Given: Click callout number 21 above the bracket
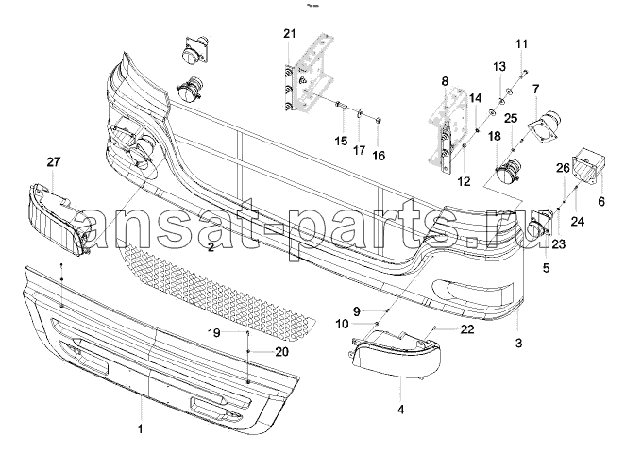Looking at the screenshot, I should (x=288, y=35).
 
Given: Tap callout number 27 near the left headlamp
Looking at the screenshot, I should (x=53, y=162).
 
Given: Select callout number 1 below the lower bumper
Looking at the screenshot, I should (x=142, y=429).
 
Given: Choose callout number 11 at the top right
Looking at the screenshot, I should (x=522, y=44).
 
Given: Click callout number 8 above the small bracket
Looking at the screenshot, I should (x=444, y=82).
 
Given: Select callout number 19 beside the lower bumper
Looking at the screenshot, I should (x=213, y=333).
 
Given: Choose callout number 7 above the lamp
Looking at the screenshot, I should (x=534, y=90).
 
